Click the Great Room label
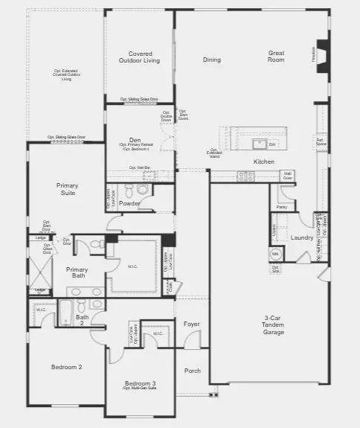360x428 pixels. point(277,56)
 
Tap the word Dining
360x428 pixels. point(212,60)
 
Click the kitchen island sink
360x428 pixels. point(260,144)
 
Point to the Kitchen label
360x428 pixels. point(264,162)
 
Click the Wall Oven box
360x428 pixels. point(287,176)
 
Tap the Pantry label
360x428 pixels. point(282,207)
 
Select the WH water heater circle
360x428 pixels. point(274,253)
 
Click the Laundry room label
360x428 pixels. point(302,237)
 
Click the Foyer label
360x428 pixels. point(191,324)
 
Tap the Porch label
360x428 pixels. point(193,370)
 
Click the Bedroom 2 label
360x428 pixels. point(66,367)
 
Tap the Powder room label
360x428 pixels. point(130,202)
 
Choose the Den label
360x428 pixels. point(135,139)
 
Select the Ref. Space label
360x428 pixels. point(321,141)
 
